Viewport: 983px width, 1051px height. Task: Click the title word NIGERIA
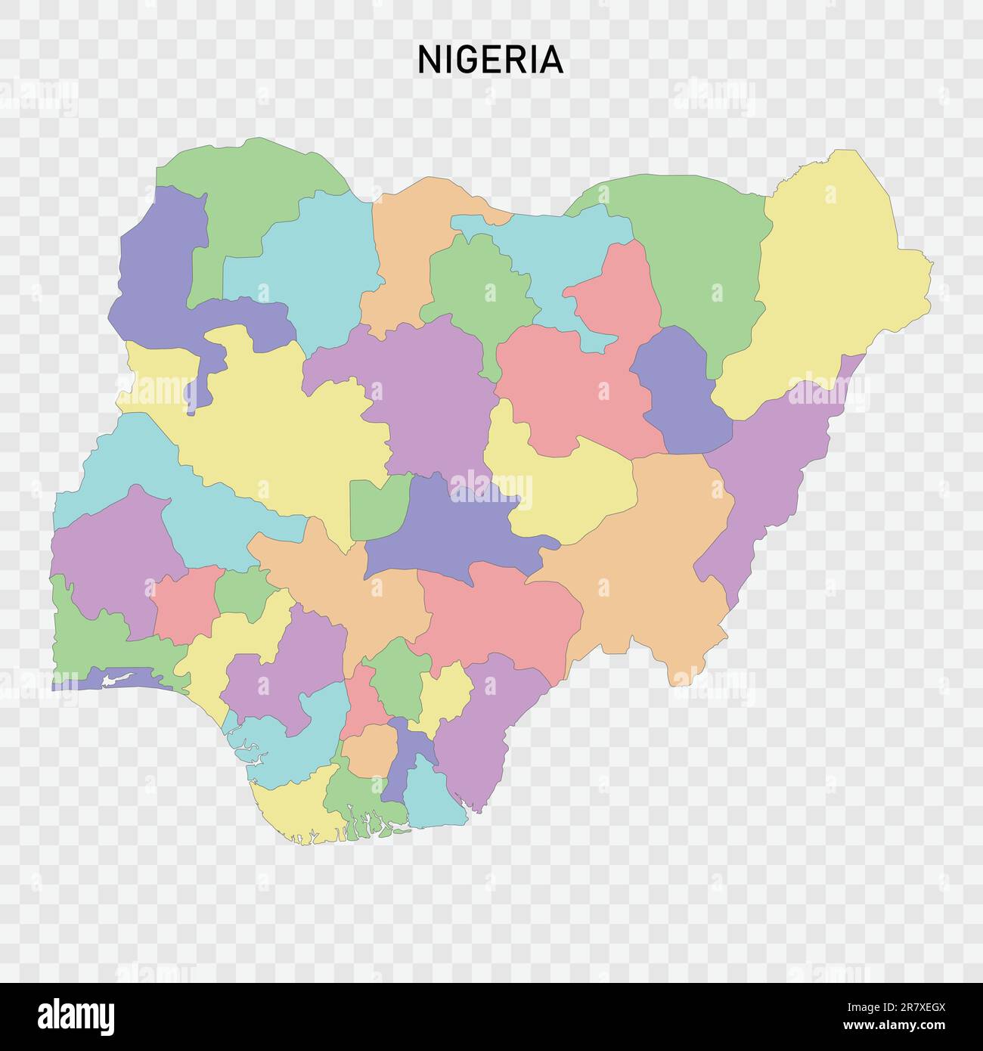pyautogui.click(x=491, y=60)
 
